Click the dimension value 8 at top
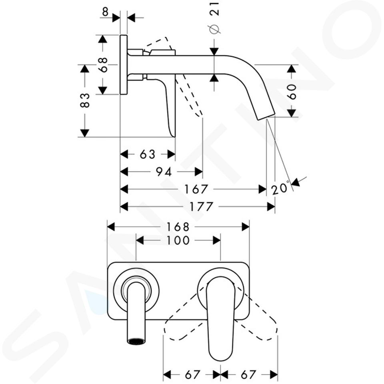click(x=105, y=11)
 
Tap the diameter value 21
click(x=214, y=9)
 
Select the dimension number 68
click(x=103, y=65)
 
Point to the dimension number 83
click(x=85, y=100)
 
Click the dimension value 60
click(x=292, y=92)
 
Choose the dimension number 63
click(x=148, y=154)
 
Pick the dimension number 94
click(x=164, y=172)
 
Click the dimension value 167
click(x=196, y=189)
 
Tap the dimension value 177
click(x=202, y=207)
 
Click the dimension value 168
click(x=178, y=227)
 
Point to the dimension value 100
click(x=178, y=240)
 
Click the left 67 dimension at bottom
click(x=192, y=374)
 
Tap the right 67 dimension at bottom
click(x=248, y=374)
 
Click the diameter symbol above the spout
click(x=214, y=29)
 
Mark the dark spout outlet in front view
click(x=136, y=341)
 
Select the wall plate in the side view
click(x=124, y=65)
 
